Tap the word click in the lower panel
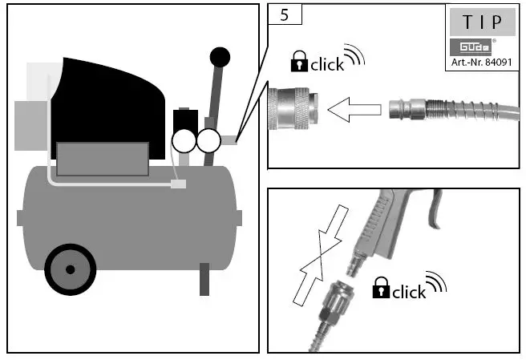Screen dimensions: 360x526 [x=409, y=292]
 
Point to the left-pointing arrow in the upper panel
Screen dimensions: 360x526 [x=352, y=110]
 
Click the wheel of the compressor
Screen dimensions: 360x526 [x=71, y=269]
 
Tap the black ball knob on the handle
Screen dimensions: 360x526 [x=220, y=56]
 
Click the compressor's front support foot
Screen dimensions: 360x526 [x=204, y=279]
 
